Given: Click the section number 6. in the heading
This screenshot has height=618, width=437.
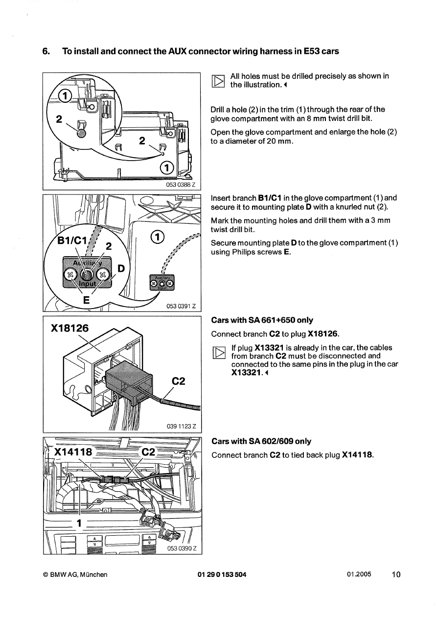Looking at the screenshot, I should point(46,51).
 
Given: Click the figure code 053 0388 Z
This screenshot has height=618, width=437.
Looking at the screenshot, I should point(182,185).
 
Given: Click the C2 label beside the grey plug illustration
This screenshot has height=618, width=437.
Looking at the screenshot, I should point(179,381).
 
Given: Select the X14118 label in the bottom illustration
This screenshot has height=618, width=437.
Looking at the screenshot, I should point(74,452).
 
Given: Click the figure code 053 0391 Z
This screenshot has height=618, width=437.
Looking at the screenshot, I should point(182,307).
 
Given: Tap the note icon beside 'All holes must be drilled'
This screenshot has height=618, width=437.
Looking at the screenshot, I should point(219,81).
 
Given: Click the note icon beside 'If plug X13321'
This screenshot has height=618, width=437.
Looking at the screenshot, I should point(219,353).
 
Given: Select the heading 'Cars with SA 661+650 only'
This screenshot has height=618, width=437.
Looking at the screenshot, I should point(262,320).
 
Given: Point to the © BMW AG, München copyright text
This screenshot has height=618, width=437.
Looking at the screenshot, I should point(75,575).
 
